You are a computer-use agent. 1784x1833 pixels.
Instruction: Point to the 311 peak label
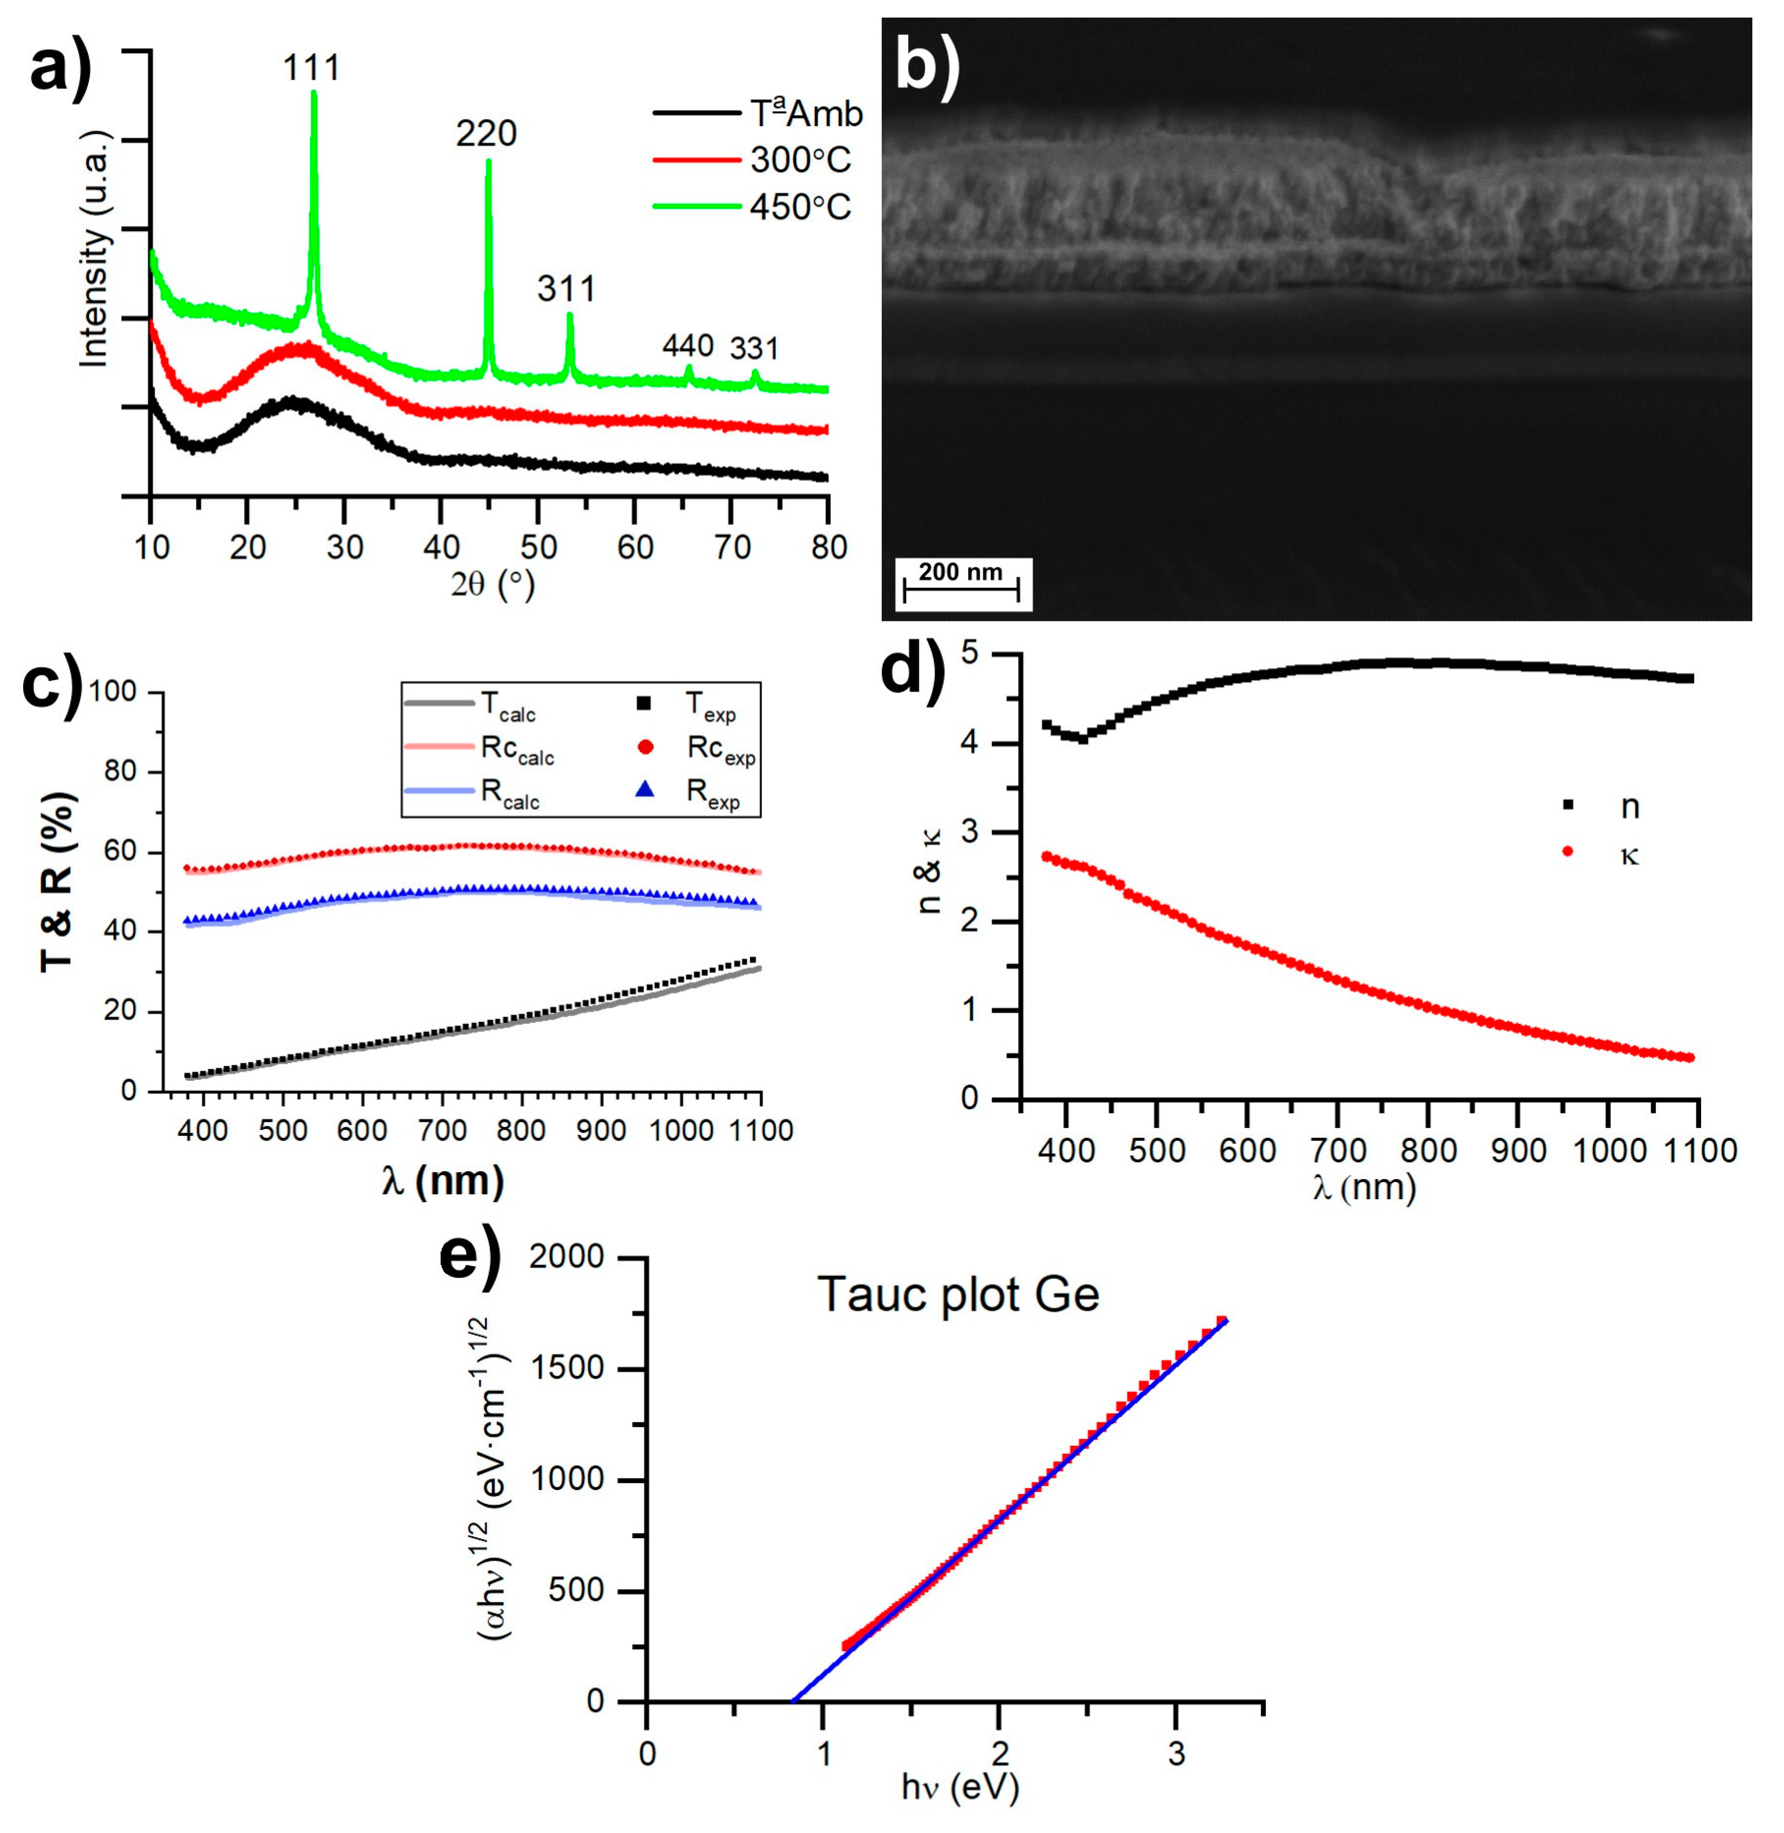click(566, 288)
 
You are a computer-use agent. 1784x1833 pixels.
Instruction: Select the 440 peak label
click(688, 346)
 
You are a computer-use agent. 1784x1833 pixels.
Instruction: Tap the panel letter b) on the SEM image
click(927, 67)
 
